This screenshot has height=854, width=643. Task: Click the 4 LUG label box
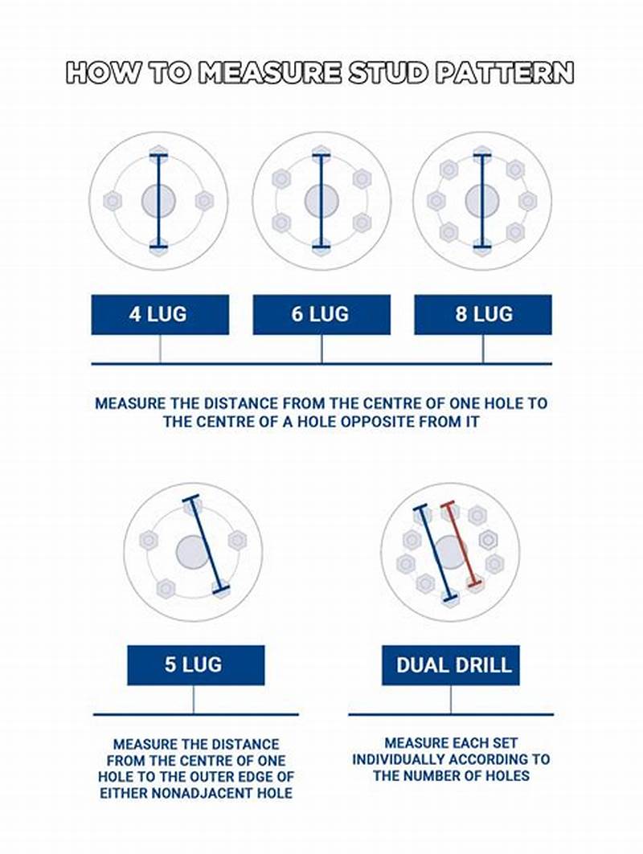click(160, 314)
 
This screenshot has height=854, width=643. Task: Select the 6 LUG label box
click(321, 314)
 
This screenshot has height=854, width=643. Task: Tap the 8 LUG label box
click(482, 314)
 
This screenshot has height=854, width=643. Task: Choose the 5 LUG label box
click(195, 665)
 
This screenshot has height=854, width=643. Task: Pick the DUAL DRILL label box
click(450, 665)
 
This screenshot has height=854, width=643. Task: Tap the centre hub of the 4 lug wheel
click(158, 201)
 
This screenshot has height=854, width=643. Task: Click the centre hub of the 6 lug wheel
click(321, 201)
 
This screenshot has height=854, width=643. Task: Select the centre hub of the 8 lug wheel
click(482, 201)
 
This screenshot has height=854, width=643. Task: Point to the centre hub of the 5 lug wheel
click(193, 552)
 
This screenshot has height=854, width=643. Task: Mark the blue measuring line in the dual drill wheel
click(435, 553)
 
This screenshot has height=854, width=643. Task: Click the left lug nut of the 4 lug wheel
click(113, 201)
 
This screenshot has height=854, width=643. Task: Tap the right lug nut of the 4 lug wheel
click(205, 201)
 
